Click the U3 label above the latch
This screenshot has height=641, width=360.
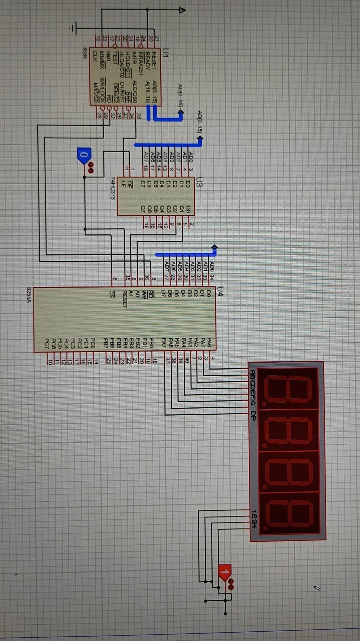pyautogui.click(x=199, y=183)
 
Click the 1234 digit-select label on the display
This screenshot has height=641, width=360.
pyautogui.click(x=254, y=519)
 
